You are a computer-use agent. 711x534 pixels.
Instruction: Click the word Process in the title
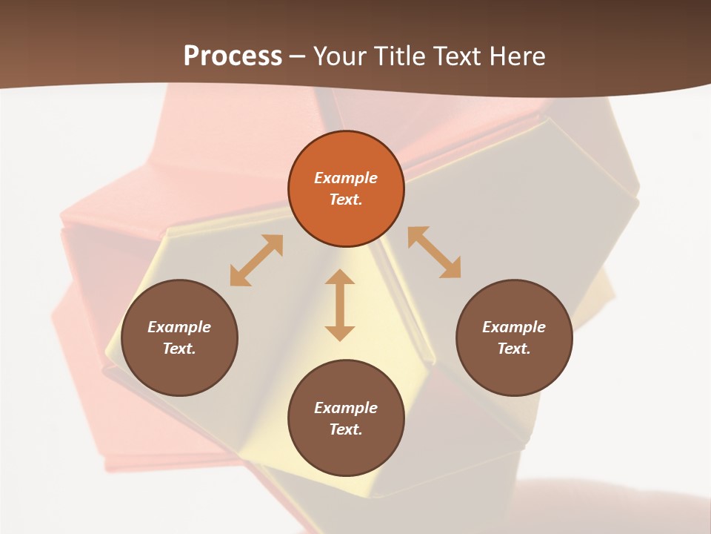(233, 56)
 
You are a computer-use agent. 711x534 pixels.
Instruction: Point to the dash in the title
(298, 56)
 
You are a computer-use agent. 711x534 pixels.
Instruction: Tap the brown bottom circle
(346, 452)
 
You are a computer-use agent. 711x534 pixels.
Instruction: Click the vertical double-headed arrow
(340, 305)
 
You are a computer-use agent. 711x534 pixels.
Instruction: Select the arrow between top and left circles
(256, 260)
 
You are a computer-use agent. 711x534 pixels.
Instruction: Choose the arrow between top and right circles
(434, 252)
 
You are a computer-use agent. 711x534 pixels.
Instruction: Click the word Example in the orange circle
(346, 178)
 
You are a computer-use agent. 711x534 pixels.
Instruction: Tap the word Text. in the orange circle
(346, 200)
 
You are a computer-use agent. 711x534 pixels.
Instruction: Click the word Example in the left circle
(179, 327)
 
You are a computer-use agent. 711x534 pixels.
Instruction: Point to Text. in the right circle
(514, 349)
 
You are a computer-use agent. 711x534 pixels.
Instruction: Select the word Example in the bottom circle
(346, 408)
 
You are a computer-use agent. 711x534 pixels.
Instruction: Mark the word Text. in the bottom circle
(346, 429)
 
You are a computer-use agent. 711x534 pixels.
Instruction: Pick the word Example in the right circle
(514, 327)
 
